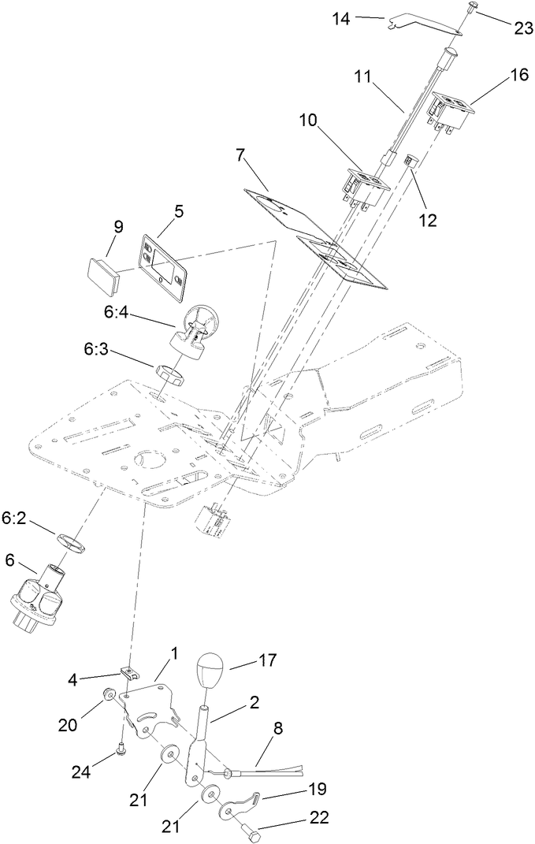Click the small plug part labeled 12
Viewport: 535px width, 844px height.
coord(410,161)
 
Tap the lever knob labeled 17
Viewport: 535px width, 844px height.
coord(210,671)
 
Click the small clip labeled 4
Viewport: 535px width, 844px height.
coord(130,674)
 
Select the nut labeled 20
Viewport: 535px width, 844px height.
coord(109,696)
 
